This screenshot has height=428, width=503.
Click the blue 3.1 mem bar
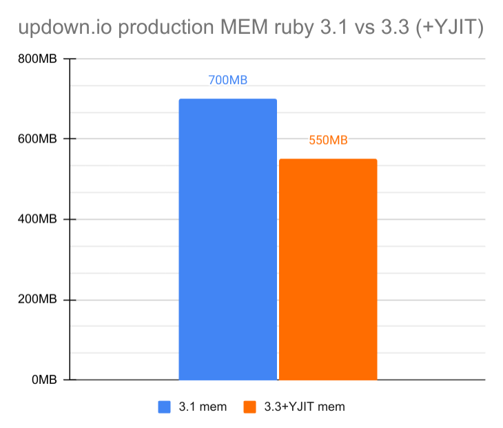pos(227,238)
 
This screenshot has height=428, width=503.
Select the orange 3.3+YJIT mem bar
pos(328,269)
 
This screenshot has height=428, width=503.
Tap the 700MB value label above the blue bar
pos(227,80)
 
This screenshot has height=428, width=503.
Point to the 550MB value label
pos(328,141)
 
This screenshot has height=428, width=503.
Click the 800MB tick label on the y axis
pos(37,59)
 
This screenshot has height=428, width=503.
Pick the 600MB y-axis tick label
pos(37,139)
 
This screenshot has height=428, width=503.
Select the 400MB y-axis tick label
pos(37,220)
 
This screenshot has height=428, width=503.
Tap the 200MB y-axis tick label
pos(37,300)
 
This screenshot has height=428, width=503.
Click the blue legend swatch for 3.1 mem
pos(165,407)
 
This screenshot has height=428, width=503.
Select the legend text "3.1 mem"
pos(202,407)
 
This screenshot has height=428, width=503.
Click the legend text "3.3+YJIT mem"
pos(305,407)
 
